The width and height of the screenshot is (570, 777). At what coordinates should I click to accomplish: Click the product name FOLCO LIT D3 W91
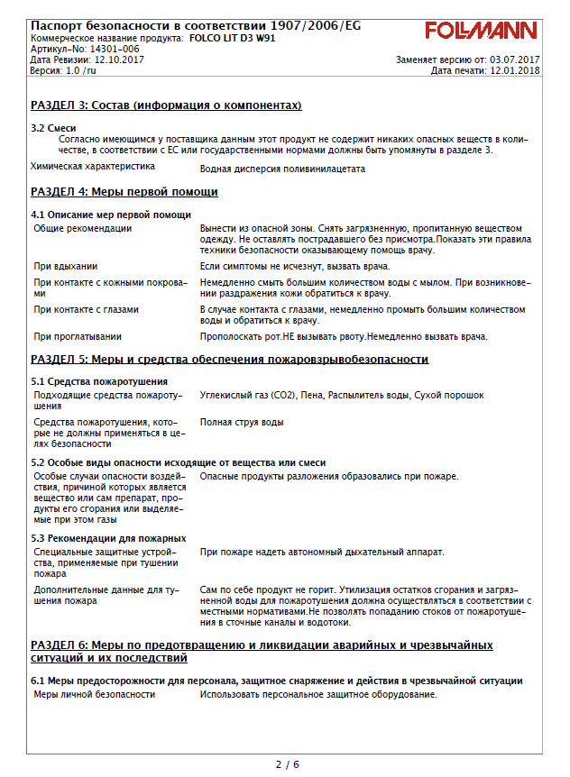coord(233,39)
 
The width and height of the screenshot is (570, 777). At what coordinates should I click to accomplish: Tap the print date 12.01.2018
coord(514,70)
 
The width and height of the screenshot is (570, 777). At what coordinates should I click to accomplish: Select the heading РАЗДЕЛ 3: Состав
coord(166,106)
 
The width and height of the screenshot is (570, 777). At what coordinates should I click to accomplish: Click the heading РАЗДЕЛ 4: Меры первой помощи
coord(124,192)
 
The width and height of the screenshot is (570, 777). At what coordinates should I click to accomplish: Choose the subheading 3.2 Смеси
coord(53,128)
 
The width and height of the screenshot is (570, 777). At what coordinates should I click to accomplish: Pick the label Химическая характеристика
coord(92,167)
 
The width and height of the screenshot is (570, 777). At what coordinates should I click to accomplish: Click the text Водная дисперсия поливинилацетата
coord(282,169)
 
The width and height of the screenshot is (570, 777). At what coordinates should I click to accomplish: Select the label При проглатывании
coord(77,337)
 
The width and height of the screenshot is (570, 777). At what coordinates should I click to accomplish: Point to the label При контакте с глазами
coord(86,309)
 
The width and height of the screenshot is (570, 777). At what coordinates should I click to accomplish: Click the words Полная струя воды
coord(241,422)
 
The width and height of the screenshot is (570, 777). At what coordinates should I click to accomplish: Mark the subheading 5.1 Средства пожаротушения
coord(99,381)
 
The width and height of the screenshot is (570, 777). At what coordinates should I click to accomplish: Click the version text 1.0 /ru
coord(78,70)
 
